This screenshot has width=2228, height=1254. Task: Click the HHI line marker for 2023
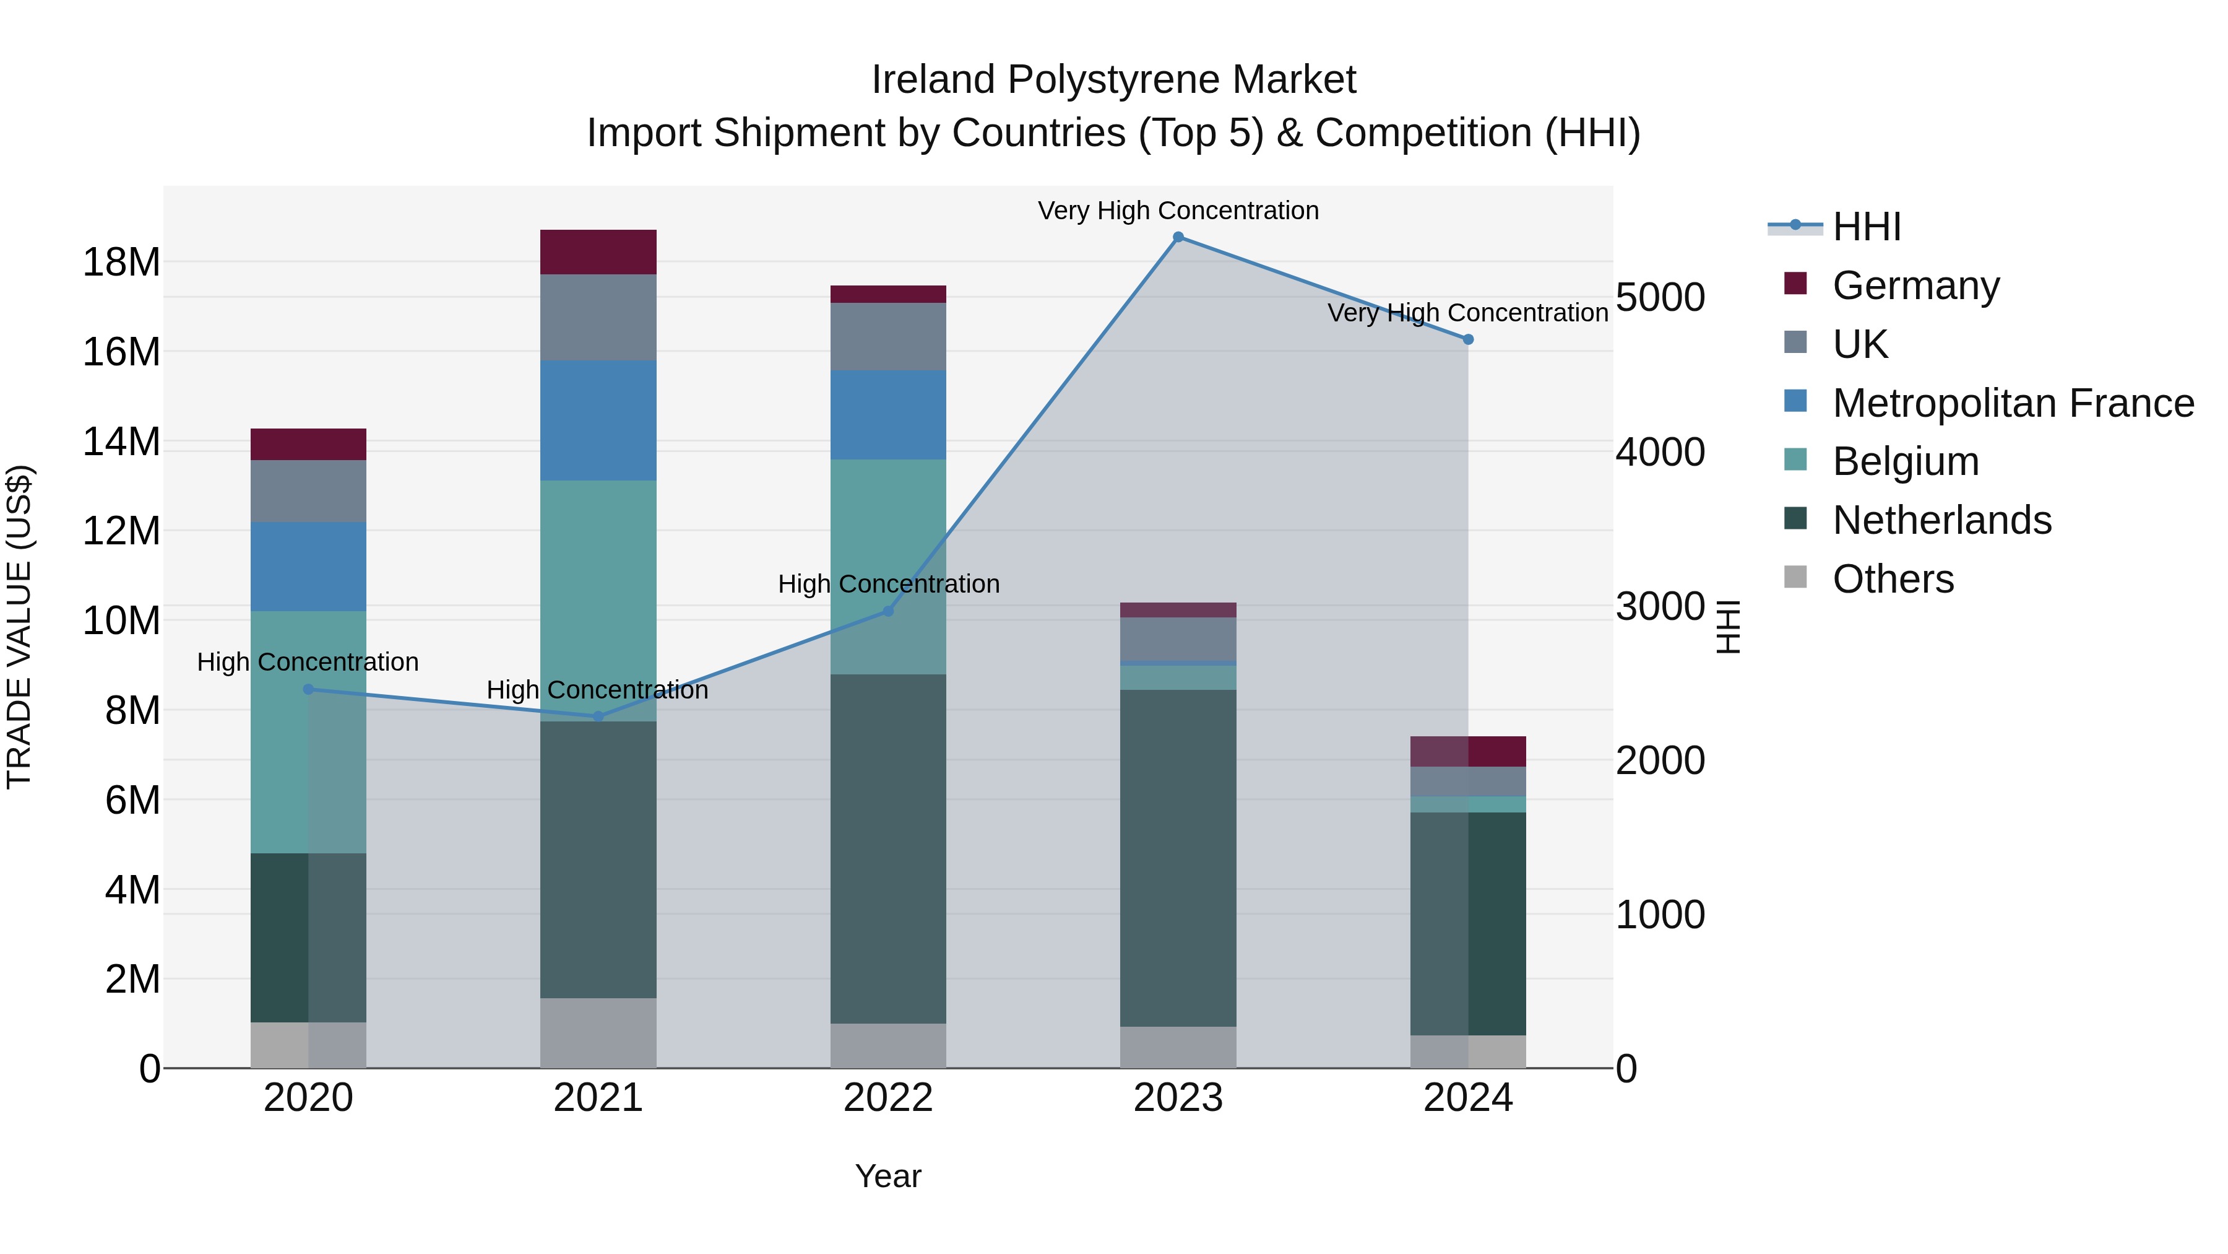(1178, 237)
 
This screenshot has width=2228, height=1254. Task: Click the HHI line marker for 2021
(598, 716)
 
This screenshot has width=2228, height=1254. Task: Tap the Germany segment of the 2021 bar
(598, 252)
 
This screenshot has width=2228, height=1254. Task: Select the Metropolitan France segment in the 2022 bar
(887, 414)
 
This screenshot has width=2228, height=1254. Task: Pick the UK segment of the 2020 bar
(308, 490)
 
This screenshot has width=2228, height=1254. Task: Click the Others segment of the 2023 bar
(1178, 1047)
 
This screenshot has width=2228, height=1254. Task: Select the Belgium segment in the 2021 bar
(598, 601)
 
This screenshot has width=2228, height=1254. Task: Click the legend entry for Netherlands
(1941, 520)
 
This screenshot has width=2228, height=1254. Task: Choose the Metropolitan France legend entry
(2013, 403)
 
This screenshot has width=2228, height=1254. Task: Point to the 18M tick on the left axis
(121, 262)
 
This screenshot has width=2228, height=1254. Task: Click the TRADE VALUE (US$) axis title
(19, 627)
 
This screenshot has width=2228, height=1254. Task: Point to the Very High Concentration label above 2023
(1178, 211)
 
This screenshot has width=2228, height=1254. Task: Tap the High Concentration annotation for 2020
(308, 662)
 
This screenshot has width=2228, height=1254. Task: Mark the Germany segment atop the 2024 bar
(1468, 751)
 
